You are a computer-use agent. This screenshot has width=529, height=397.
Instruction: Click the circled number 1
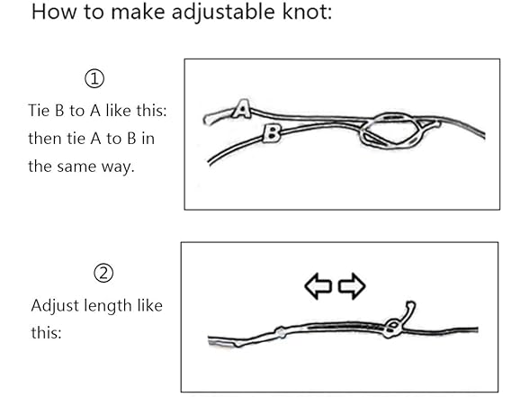[x=94, y=78]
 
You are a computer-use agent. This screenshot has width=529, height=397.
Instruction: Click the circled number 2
[x=103, y=273]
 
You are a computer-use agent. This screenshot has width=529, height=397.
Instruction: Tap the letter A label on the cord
[x=241, y=109]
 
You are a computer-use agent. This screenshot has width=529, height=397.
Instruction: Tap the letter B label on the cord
[x=272, y=132]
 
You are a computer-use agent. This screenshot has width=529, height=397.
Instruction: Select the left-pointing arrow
[x=318, y=286]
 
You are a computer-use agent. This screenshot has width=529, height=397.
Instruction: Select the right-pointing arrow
[x=352, y=286]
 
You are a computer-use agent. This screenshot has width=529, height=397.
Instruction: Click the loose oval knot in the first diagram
[x=391, y=131]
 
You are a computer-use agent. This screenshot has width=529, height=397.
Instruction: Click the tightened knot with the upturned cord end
[x=391, y=328]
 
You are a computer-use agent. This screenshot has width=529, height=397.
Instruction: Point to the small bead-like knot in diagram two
[x=281, y=332]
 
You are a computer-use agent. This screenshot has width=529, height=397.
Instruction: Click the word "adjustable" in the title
[x=223, y=13]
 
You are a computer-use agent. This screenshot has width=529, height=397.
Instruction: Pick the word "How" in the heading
[x=54, y=12]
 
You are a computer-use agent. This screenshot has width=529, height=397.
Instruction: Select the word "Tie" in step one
[x=39, y=111]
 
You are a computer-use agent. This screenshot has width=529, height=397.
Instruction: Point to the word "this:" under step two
[x=46, y=332]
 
